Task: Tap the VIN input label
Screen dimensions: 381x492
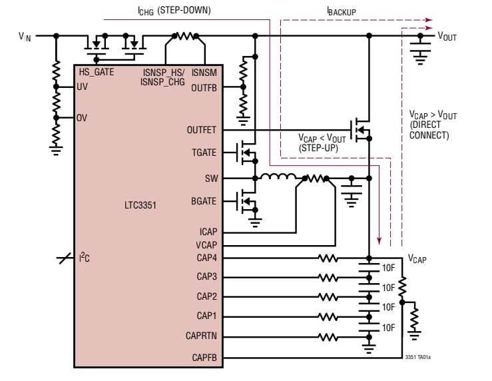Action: [25, 37]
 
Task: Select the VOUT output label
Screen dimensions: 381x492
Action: [447, 37]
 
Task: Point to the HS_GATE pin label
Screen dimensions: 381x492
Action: [96, 71]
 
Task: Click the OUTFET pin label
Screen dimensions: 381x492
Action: [202, 131]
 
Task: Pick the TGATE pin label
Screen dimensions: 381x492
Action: [204, 153]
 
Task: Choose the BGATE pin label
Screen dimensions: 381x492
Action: [204, 199]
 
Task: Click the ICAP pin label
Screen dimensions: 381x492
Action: [206, 232]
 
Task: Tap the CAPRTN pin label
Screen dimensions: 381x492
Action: [202, 337]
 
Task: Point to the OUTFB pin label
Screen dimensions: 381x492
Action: [204, 87]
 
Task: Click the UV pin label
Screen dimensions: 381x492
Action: [83, 87]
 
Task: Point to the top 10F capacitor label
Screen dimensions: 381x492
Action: [388, 268]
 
